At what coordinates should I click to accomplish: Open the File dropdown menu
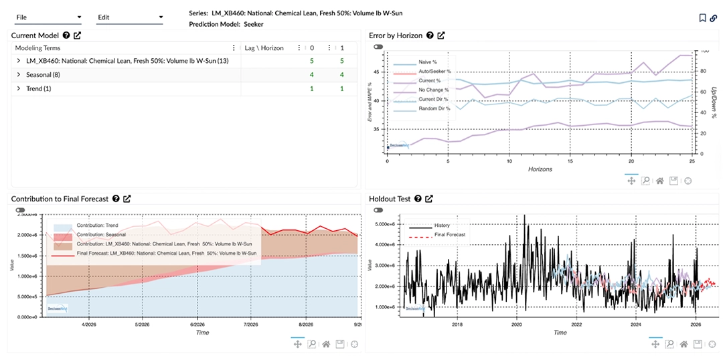pyautogui.click(x=48, y=17)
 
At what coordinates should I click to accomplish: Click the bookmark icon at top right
pyautogui.click(x=702, y=18)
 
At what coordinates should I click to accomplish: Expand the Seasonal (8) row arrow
pyautogui.click(x=19, y=75)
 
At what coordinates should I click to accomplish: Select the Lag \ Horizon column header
pyautogui.click(x=264, y=48)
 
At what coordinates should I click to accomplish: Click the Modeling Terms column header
pyautogui.click(x=37, y=48)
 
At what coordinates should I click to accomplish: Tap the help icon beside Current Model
pyautogui.click(x=66, y=35)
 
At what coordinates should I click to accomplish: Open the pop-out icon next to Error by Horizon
pyautogui.click(x=440, y=35)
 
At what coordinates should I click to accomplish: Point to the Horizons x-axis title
pyautogui.click(x=540, y=169)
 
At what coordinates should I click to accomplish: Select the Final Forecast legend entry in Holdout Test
pyautogui.click(x=449, y=235)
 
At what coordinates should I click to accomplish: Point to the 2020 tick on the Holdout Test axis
pyautogui.click(x=516, y=325)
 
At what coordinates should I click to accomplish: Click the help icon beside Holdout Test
pyautogui.click(x=418, y=199)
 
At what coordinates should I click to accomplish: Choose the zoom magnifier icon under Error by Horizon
pyautogui.click(x=645, y=181)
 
